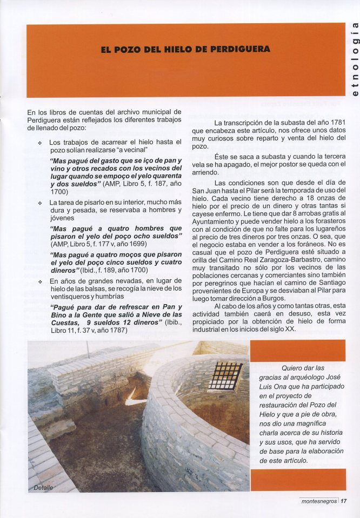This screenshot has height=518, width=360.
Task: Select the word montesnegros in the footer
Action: coord(319,500)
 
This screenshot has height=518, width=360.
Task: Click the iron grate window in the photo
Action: coord(225,376)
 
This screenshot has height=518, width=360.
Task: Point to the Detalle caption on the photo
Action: coord(43,487)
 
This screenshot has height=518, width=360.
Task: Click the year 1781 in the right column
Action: coord(336,122)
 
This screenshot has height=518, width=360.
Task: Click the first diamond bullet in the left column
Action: coord(40,142)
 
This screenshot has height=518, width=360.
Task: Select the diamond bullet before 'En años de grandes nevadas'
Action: coord(40,281)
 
